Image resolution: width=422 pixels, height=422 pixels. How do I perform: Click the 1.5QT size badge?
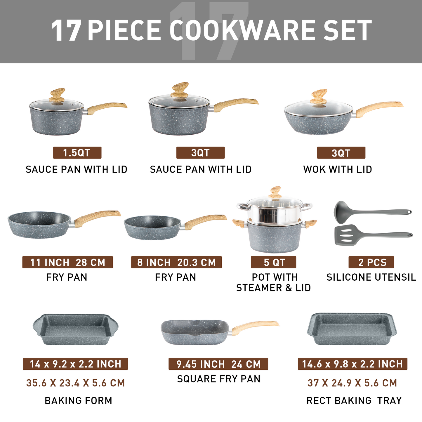pos(77,153)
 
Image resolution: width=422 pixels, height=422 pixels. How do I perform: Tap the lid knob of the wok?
pos(319,97)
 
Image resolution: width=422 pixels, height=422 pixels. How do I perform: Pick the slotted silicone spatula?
pos(372,235)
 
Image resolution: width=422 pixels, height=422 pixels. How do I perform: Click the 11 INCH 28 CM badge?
pos(67,262)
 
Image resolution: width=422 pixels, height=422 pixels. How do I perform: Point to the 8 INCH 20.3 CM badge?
pos(176,262)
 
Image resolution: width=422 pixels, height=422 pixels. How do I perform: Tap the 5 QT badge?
pos(273,262)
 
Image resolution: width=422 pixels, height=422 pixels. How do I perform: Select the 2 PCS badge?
pos(371,262)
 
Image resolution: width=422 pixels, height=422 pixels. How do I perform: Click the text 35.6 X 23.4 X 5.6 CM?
pos(75,383)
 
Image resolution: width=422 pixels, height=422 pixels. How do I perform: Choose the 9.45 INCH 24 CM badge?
pos(218,364)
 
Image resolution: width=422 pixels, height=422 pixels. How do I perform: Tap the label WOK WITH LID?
pos(338,169)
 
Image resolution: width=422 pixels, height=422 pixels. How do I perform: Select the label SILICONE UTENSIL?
pos(371,277)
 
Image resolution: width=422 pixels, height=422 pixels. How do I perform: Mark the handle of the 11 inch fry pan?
pos(96,218)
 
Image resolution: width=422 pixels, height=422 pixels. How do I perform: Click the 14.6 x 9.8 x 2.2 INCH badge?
pos(352,364)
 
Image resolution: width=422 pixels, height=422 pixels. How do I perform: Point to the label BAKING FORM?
pos(78,401)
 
